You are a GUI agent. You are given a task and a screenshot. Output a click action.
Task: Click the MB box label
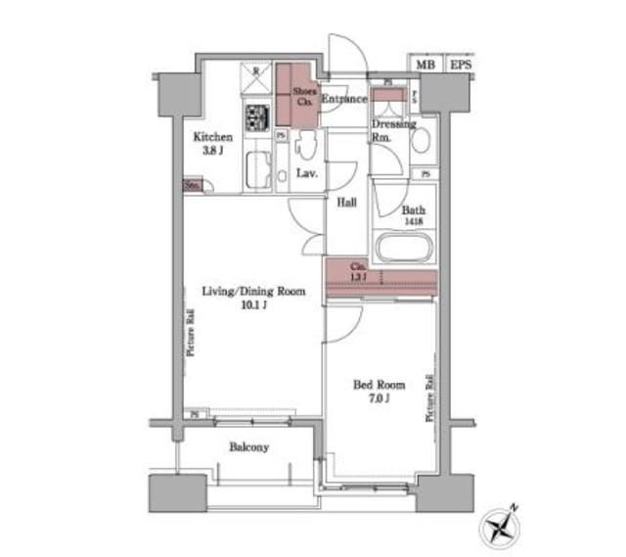[x=424, y=65]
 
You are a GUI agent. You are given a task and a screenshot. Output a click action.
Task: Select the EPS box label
[x=460, y=65]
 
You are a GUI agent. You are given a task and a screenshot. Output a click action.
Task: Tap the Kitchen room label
[x=211, y=137]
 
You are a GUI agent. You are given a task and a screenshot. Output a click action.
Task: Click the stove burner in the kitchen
[x=256, y=119]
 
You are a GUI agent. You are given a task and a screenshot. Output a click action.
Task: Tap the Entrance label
[x=343, y=99]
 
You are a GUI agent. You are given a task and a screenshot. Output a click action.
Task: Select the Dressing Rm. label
[x=391, y=130]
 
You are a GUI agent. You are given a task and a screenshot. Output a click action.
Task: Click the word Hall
[x=346, y=203]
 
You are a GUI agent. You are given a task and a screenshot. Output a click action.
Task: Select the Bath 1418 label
[x=413, y=214]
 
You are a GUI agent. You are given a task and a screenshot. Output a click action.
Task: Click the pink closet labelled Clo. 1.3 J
[x=380, y=275]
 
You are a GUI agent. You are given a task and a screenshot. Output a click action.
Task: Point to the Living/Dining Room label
[x=253, y=292]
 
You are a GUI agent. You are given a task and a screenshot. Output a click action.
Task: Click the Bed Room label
[x=373, y=385]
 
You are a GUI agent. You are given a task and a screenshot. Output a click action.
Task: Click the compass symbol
[x=500, y=526]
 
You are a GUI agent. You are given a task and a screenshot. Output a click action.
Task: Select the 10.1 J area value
[x=252, y=305]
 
